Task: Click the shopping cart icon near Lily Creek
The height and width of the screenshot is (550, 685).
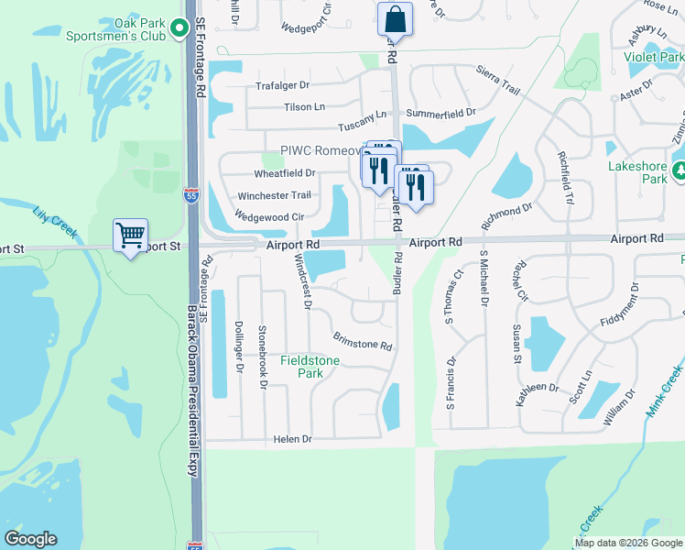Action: (x=131, y=236)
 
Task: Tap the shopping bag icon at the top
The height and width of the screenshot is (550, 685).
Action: (x=395, y=19)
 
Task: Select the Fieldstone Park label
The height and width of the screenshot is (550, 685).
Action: (x=310, y=367)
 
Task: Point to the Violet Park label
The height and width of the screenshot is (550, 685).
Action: (x=654, y=56)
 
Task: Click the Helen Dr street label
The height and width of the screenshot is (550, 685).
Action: (x=293, y=440)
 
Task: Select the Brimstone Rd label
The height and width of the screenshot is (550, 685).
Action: (x=363, y=342)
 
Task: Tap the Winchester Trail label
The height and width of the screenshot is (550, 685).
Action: (x=275, y=195)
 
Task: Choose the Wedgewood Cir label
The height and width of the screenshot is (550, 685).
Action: (x=269, y=216)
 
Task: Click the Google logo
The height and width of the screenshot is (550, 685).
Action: (x=30, y=539)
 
